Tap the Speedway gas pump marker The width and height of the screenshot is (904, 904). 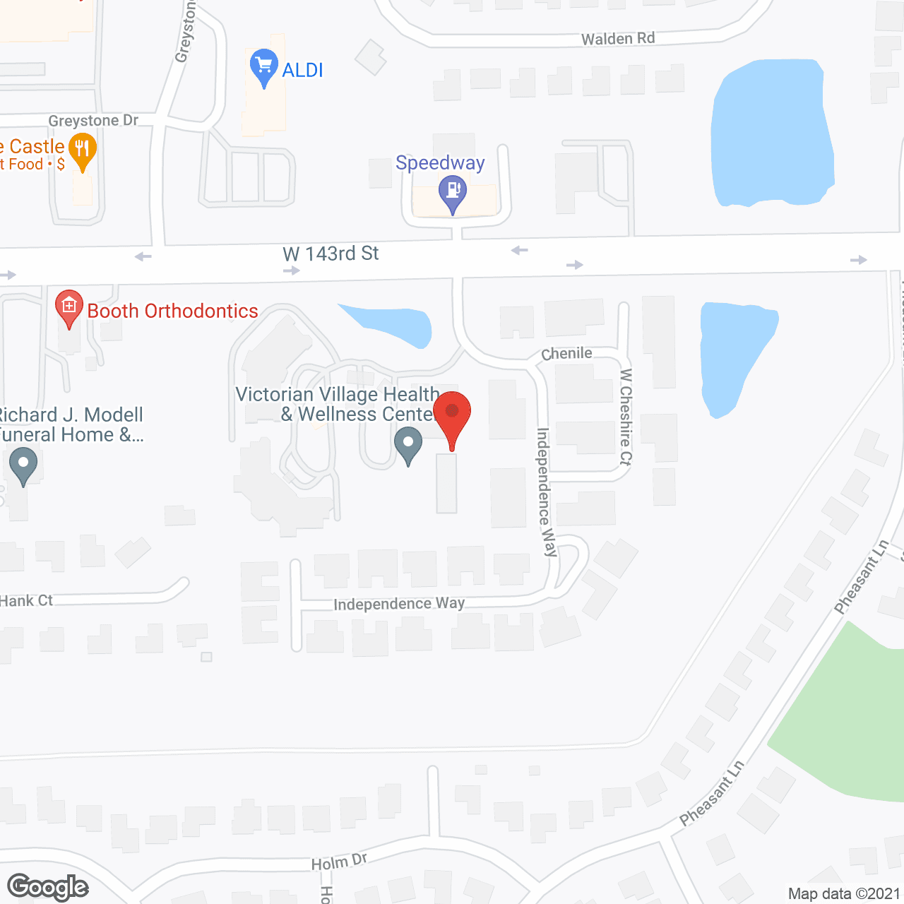453,191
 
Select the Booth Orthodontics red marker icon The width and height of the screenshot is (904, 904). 69,307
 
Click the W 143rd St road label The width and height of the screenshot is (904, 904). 331,254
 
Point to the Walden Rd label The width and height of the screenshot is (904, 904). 618,38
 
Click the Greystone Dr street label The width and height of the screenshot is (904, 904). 93,121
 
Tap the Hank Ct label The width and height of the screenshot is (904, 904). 27,601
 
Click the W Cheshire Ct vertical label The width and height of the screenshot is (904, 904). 626,417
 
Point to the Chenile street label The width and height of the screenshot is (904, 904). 566,353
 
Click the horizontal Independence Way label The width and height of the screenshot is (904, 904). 399,604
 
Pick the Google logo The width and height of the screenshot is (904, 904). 48,887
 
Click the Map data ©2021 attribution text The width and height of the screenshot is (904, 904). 844,894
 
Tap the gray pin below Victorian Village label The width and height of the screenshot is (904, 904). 408,444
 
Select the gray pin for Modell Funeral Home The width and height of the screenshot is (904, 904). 23,465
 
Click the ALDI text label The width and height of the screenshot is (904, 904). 302,70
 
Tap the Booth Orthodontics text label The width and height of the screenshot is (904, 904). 172,311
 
